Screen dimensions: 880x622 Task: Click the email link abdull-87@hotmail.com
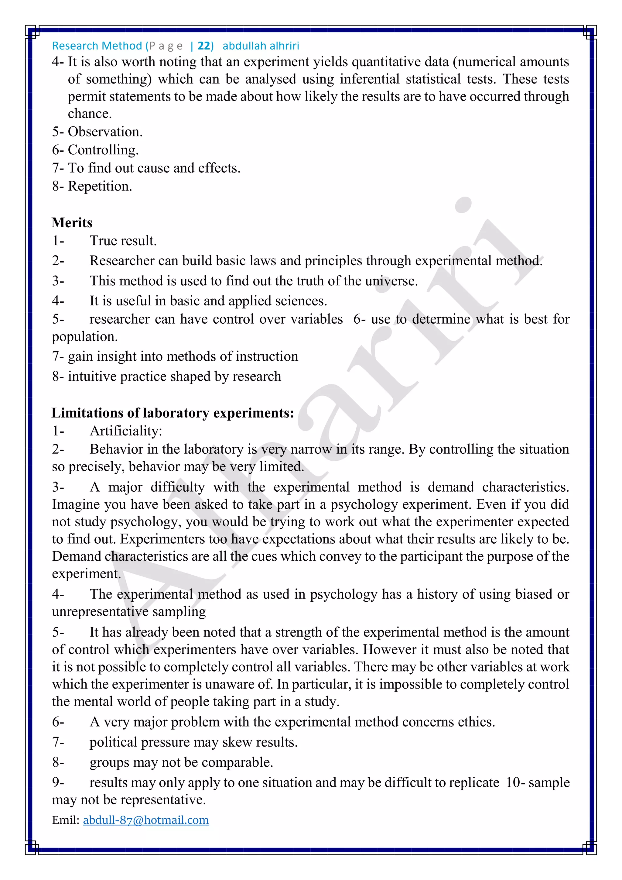coord(146,820)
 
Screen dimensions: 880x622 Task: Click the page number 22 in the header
coord(204,46)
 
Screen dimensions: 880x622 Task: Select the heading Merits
coord(72,223)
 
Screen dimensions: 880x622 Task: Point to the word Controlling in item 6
coord(102,150)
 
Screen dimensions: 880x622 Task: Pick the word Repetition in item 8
coord(99,186)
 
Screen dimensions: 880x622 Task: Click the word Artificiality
coord(126,431)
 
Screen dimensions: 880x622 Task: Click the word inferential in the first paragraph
coord(370,79)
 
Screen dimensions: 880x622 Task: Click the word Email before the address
coord(66,820)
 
